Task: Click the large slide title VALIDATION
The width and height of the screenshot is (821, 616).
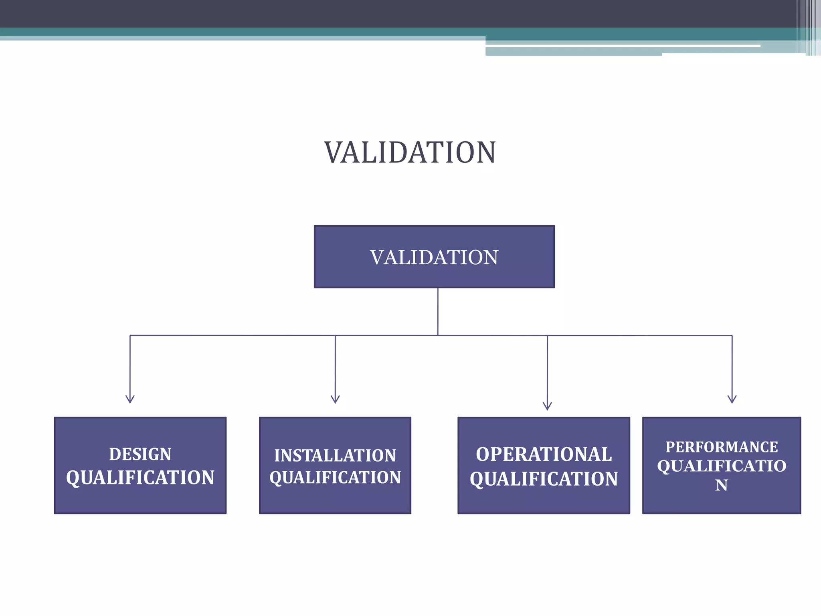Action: [410, 152]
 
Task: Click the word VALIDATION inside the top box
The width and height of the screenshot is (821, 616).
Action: [434, 257]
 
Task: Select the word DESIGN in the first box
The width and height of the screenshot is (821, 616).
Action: [140, 454]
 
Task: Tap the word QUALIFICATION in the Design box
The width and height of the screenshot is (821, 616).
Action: [140, 478]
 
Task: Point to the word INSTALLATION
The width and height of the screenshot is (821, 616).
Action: [335, 456]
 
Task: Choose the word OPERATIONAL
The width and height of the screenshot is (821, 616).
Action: [544, 454]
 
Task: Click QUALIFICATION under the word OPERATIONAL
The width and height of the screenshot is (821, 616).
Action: [544, 479]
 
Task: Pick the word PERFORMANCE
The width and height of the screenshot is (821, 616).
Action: [722, 447]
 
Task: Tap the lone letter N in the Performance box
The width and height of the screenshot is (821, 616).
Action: [722, 485]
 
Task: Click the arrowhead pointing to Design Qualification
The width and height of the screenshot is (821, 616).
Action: [130, 399]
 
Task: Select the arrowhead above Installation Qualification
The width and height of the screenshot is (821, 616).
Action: [335, 399]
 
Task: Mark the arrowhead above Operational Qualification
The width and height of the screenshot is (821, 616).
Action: [547, 406]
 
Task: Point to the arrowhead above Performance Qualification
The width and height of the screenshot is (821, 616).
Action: [732, 399]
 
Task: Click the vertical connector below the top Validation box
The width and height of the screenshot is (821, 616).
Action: [438, 311]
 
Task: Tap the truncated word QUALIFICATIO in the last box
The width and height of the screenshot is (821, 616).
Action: [722, 466]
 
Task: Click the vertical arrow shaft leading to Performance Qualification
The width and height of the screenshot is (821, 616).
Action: [732, 365]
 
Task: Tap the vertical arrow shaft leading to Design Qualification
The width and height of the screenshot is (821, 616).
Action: [130, 365]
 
